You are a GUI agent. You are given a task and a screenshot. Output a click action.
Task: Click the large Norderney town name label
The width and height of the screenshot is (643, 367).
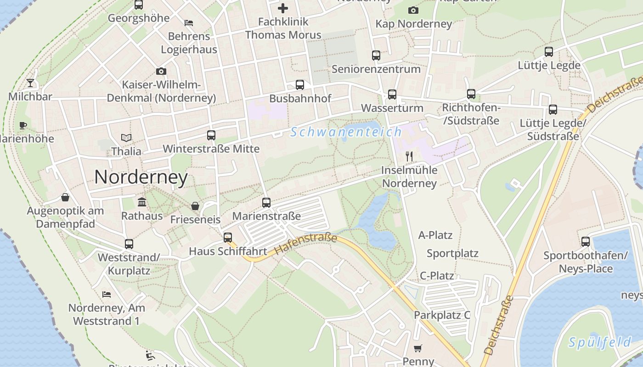141,178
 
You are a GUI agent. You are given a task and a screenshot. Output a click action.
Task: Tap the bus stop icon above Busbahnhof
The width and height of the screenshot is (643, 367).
300,85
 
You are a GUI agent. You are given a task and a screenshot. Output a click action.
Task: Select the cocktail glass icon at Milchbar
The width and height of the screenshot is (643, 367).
30,83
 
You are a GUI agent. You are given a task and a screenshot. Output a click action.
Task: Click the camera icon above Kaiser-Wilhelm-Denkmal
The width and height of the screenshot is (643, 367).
161,71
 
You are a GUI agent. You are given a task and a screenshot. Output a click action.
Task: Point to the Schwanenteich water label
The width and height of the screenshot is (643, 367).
346,132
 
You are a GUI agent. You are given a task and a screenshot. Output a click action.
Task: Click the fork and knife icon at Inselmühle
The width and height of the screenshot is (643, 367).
409,156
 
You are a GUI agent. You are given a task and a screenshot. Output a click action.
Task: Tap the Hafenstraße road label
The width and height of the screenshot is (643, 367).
306,244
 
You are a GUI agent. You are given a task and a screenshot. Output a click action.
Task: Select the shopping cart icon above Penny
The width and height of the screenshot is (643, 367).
417,348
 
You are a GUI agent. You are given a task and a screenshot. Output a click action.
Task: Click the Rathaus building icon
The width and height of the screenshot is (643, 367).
142,202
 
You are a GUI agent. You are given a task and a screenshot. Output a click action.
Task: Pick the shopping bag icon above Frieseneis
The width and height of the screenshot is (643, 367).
195,206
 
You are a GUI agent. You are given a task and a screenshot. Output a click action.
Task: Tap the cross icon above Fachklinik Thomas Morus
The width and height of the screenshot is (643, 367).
283,8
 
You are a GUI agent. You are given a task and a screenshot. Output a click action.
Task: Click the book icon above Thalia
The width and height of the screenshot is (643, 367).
126,138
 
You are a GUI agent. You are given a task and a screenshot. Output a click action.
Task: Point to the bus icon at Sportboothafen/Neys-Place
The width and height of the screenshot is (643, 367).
586,241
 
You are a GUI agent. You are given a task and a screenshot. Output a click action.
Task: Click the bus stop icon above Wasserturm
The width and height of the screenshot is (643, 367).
392,95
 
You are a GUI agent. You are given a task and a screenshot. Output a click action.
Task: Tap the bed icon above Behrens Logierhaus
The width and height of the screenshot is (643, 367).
189,22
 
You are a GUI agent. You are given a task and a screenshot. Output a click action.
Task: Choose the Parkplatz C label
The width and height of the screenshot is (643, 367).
442,315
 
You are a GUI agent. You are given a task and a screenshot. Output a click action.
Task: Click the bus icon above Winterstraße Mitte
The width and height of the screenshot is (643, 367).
211,135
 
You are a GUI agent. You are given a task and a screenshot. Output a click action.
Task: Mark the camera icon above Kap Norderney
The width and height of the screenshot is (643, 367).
413,10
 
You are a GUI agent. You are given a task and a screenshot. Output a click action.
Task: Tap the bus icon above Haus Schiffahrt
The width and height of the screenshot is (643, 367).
228,238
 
